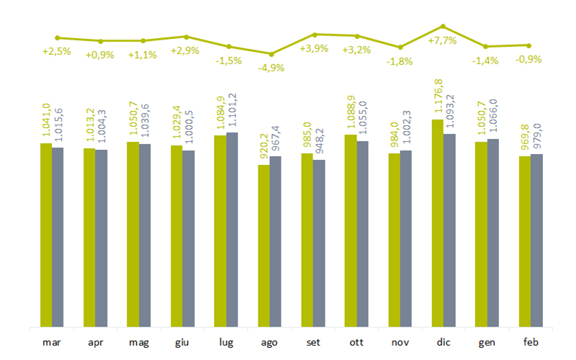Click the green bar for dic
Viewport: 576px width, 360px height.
437,222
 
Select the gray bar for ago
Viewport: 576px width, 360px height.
275,240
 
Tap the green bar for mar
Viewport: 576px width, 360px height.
45,234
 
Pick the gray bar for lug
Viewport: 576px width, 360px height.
232,229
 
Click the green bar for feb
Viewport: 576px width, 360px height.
524,240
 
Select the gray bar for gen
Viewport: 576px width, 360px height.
492,232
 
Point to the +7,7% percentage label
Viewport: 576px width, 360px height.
442,40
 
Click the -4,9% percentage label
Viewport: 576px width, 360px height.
271,68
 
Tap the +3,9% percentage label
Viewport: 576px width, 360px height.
314,49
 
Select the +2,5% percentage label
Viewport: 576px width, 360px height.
57,52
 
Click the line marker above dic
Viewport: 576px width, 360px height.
443,26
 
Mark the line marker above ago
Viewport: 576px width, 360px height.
271,54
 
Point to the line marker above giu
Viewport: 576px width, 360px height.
186,36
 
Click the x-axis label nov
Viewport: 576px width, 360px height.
400,342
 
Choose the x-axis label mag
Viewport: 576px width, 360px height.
138,342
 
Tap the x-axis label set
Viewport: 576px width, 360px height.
312,342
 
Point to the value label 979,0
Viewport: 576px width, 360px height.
536,138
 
